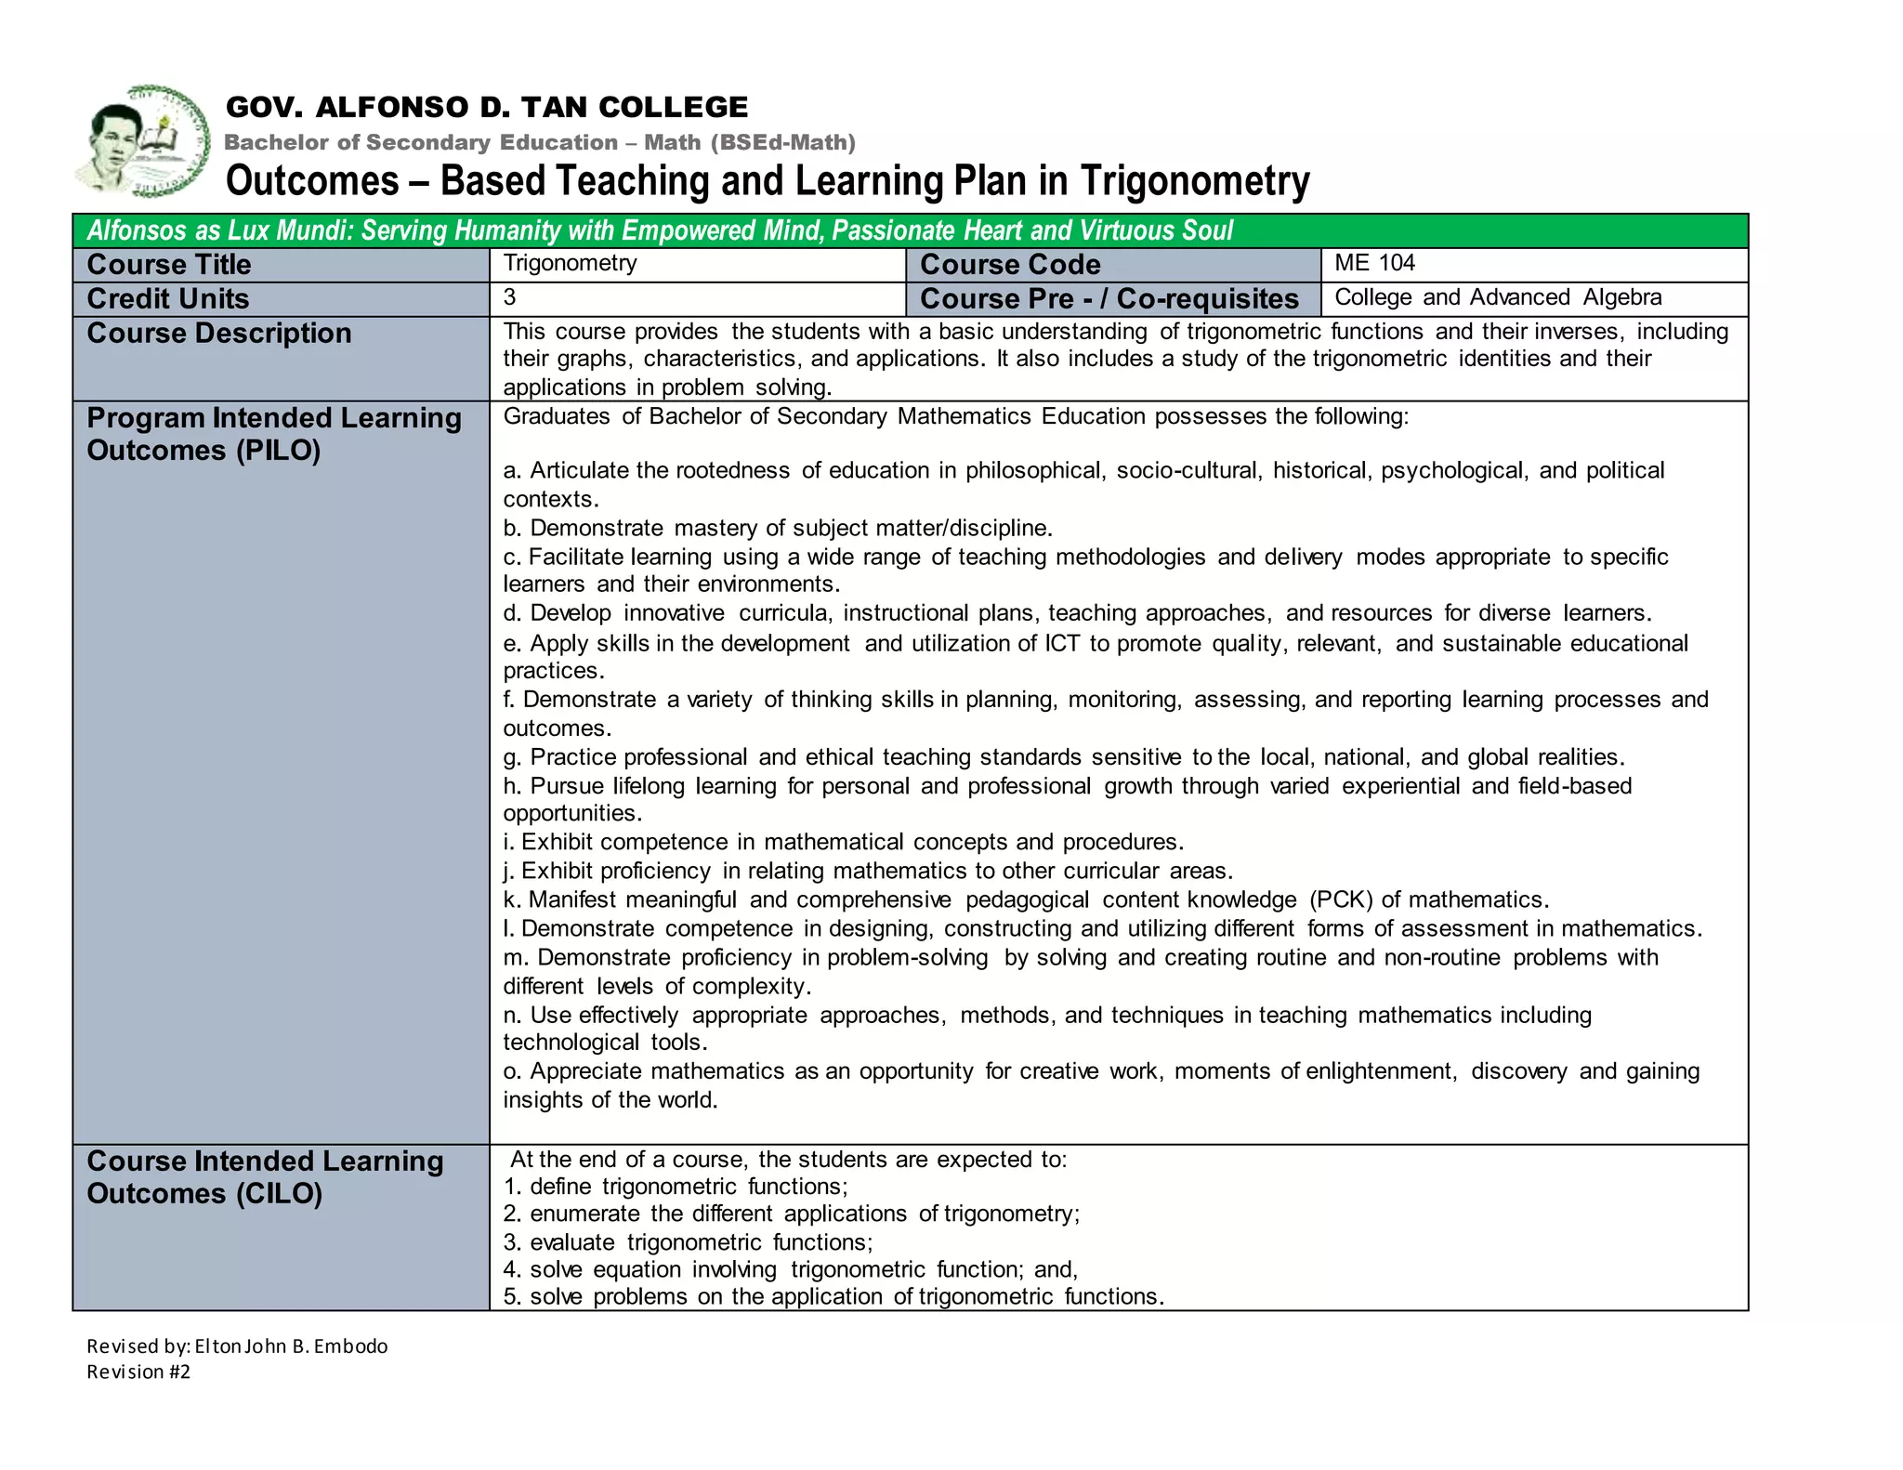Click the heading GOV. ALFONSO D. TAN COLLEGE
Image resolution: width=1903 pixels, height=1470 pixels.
point(486,108)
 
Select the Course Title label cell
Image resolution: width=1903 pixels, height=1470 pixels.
point(169,265)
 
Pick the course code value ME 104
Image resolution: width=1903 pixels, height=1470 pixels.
point(1374,263)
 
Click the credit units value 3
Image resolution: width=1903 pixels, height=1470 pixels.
point(510,297)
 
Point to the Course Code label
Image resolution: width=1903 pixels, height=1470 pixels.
point(1010,265)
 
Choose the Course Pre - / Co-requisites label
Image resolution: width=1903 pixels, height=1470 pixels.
point(1109,299)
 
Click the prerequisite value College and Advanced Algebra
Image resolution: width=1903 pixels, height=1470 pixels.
point(1498,297)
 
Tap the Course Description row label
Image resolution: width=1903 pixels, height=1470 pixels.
point(219,334)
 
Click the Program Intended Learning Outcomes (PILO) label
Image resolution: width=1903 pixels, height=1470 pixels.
point(274,434)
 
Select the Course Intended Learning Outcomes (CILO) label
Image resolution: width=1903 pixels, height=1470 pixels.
point(265,1177)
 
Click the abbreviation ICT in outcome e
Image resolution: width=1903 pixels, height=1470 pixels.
point(1061,643)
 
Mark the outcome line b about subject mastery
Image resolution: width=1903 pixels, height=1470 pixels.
point(778,529)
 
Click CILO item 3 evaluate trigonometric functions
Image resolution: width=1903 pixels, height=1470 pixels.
point(688,1242)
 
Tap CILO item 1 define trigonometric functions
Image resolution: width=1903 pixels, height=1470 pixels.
point(676,1187)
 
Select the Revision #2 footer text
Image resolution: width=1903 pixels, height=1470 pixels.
point(138,1372)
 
